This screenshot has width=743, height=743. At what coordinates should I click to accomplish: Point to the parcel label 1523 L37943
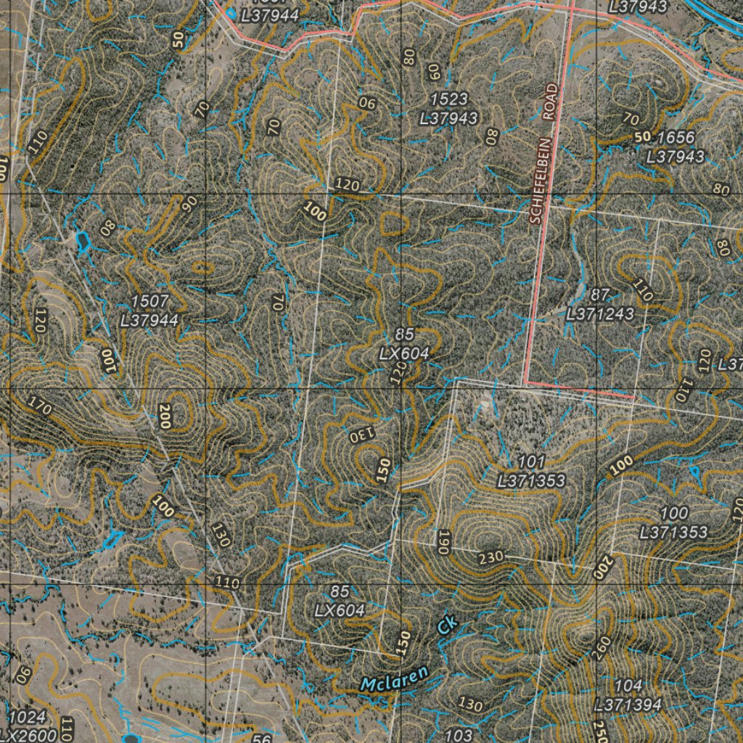448,108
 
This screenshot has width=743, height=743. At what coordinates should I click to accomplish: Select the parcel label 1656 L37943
675,147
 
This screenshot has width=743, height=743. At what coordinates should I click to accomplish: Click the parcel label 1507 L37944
150,310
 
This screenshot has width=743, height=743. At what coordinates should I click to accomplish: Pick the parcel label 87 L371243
600,305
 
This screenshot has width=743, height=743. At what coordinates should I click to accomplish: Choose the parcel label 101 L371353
531,472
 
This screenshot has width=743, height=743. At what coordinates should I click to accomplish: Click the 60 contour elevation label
435,71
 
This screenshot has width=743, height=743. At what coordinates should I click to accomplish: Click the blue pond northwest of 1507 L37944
82,240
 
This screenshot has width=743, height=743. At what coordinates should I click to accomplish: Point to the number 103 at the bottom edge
459,735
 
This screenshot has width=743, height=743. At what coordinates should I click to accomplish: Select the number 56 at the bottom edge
263,738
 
